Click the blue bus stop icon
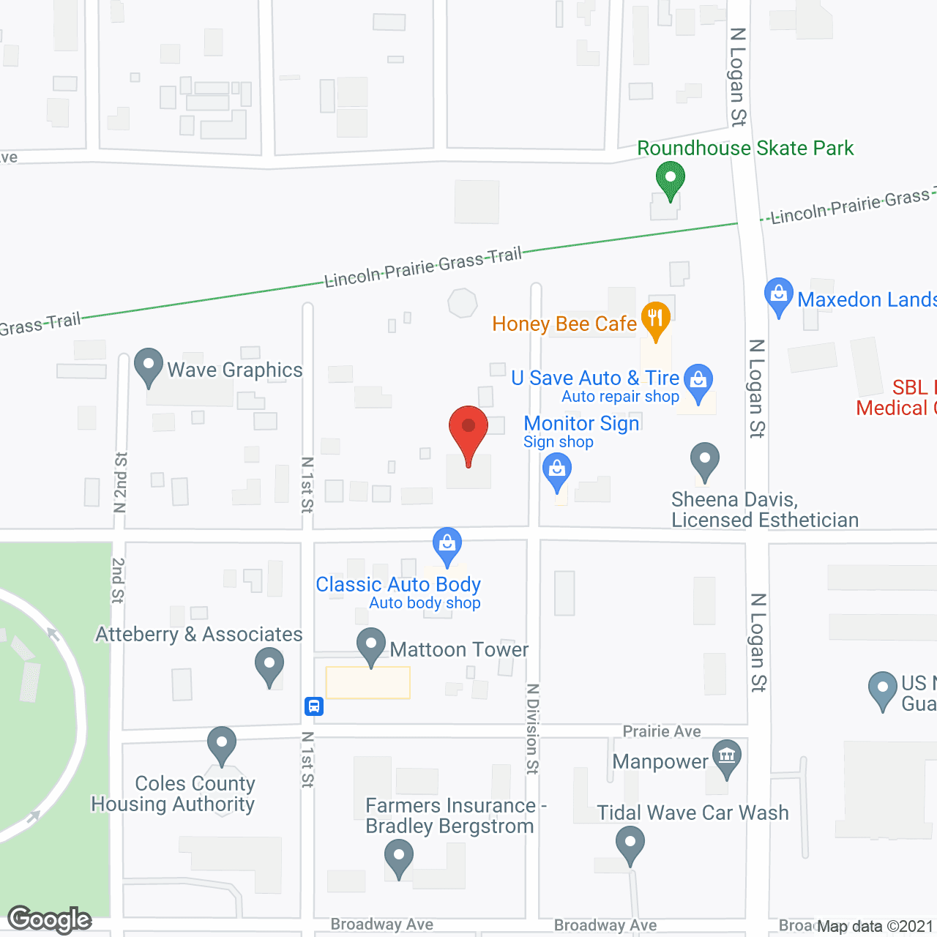[x=314, y=706]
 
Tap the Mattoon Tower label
[x=459, y=649]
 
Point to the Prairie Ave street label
[x=662, y=731]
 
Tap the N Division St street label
[x=533, y=728]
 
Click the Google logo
[x=49, y=919]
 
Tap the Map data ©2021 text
[x=875, y=926]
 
